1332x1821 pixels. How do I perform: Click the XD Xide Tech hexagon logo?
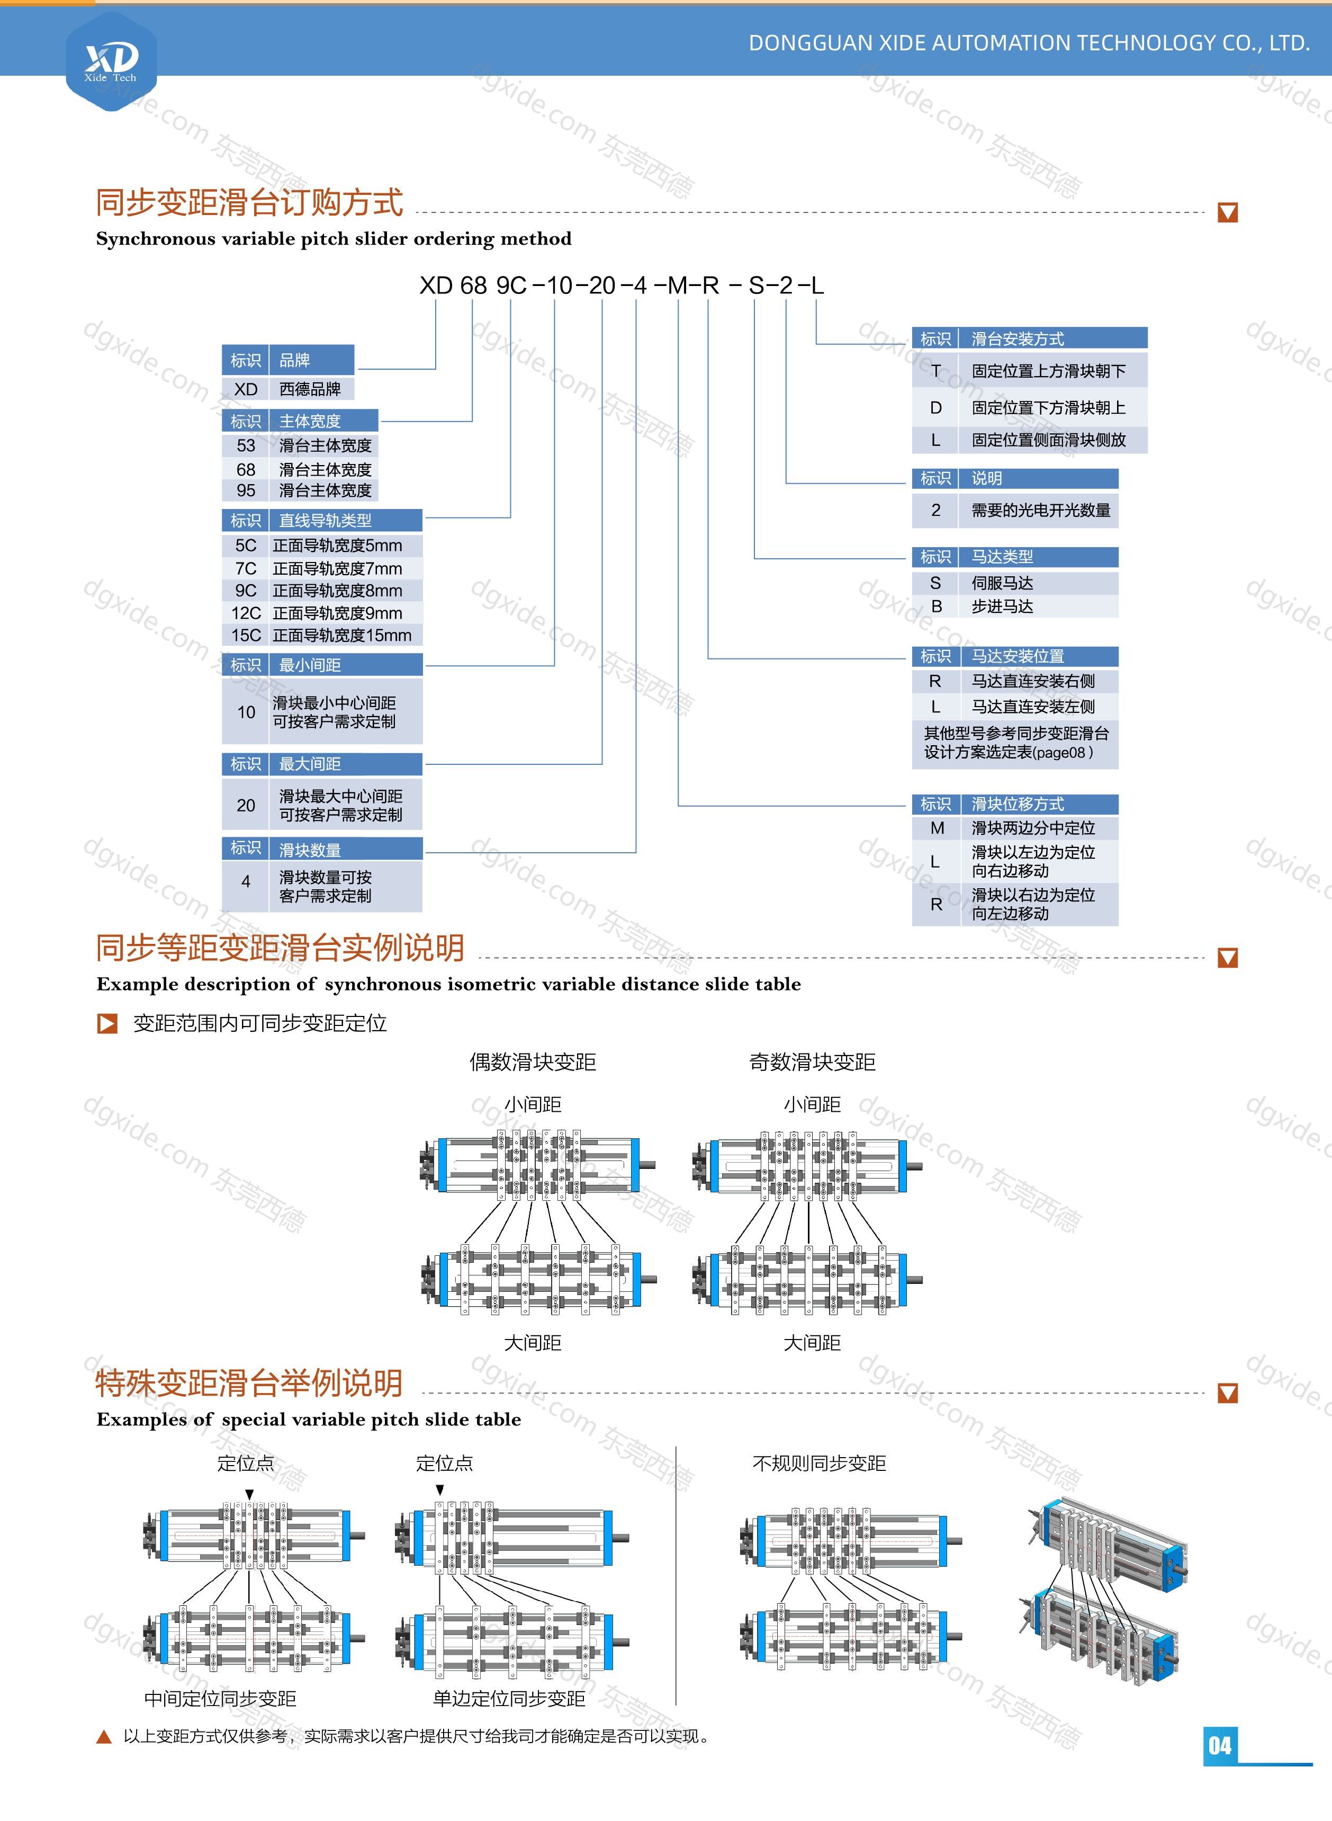point(111,60)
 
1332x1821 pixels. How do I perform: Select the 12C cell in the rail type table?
point(246,613)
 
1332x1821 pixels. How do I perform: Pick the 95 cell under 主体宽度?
point(246,490)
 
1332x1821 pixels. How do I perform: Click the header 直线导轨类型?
point(325,520)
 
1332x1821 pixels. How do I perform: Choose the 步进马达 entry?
point(1002,606)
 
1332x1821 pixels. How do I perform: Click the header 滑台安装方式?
point(1018,338)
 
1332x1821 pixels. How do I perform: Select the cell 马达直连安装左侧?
point(1033,707)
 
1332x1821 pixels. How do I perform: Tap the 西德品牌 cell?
point(310,389)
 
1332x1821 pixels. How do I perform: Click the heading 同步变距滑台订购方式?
point(249,202)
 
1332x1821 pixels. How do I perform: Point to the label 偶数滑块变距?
point(533,1062)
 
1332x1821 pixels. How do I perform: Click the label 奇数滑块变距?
point(812,1062)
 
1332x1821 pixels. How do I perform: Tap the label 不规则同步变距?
point(819,1463)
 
